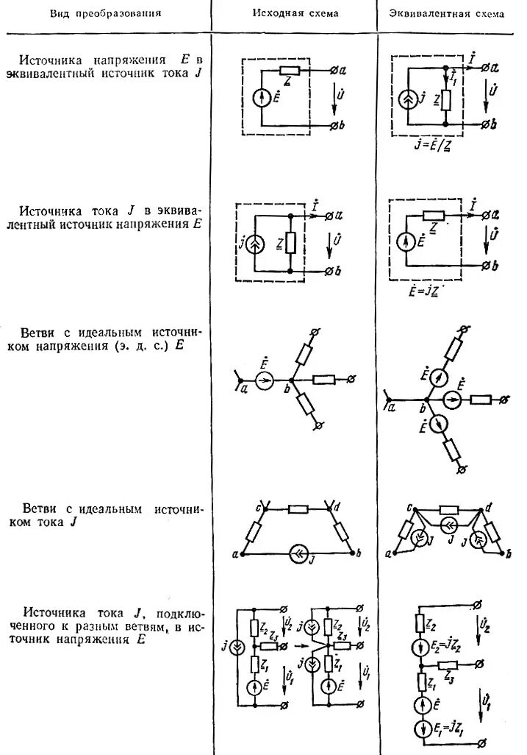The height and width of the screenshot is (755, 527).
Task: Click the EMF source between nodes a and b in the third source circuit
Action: tap(266, 380)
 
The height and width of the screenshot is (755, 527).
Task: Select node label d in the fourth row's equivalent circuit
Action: tap(488, 507)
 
